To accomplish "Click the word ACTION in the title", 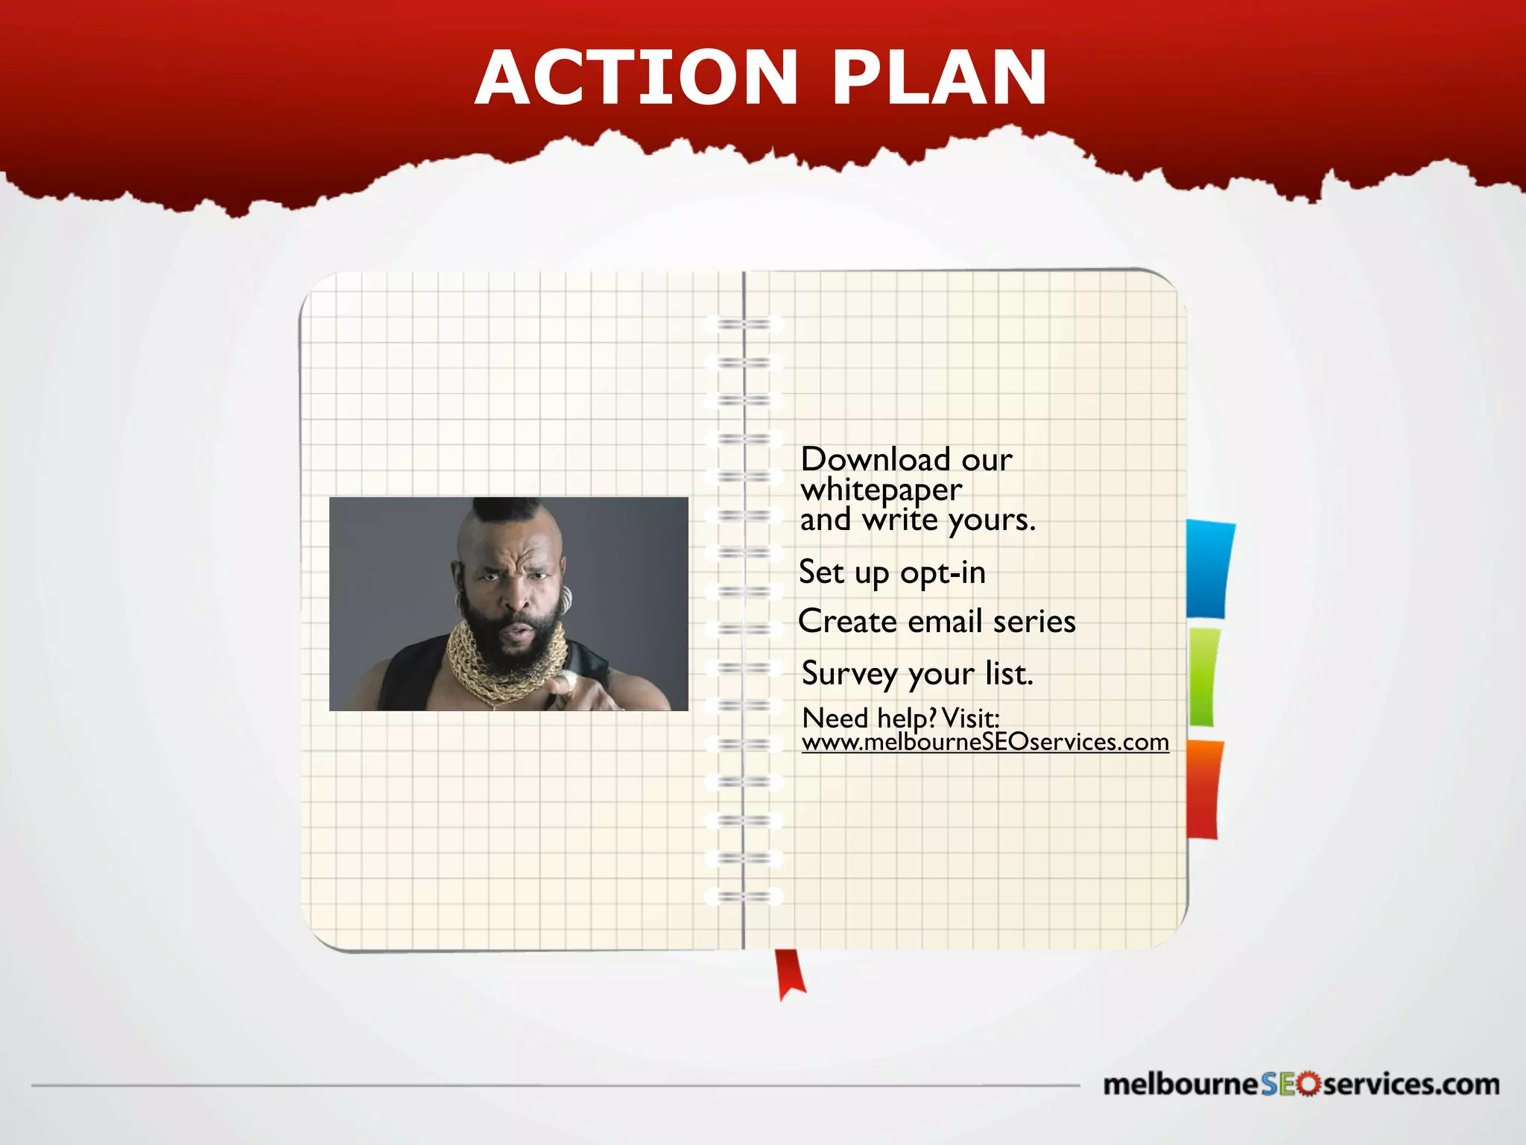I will (637, 78).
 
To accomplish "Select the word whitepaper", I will (881, 490).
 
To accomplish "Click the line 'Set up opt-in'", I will (892, 572).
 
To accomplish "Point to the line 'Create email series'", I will (937, 621).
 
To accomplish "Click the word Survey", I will (849, 673).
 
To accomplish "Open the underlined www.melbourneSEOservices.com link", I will (985, 742).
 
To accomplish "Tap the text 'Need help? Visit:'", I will (900, 718).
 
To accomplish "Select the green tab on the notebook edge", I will (1203, 677).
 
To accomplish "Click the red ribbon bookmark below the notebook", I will (790, 973).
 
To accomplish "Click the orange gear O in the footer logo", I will (1307, 1085).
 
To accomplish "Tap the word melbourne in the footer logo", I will (1180, 1085).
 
